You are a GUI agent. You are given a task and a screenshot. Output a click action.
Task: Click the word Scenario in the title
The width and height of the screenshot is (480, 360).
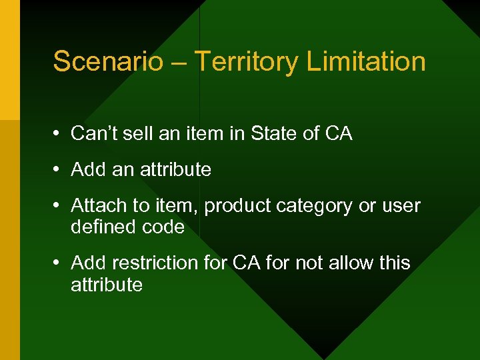click(108, 61)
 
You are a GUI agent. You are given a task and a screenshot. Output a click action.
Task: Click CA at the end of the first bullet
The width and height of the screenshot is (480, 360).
click(338, 134)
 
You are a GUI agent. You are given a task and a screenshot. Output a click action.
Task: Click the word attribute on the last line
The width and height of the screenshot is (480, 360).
click(107, 285)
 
